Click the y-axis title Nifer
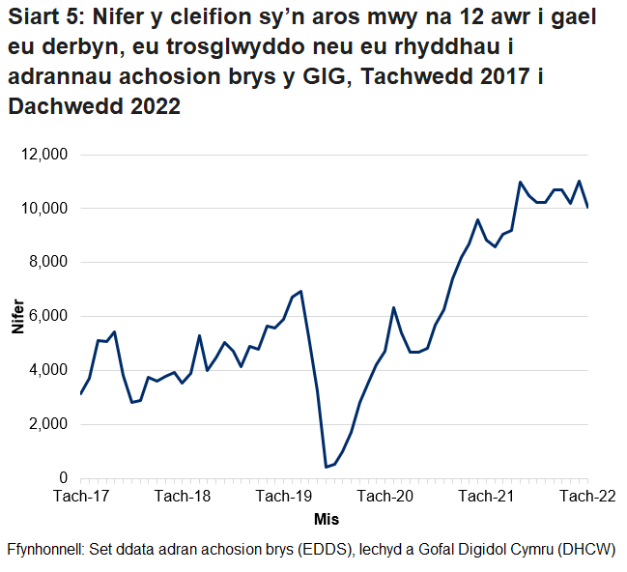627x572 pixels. coord(17,316)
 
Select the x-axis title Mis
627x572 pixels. coord(327,519)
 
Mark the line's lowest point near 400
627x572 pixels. coord(326,468)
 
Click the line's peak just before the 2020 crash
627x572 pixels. coord(301,291)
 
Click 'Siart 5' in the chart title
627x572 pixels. coord(43,18)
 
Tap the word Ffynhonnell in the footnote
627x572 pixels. coord(45,549)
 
